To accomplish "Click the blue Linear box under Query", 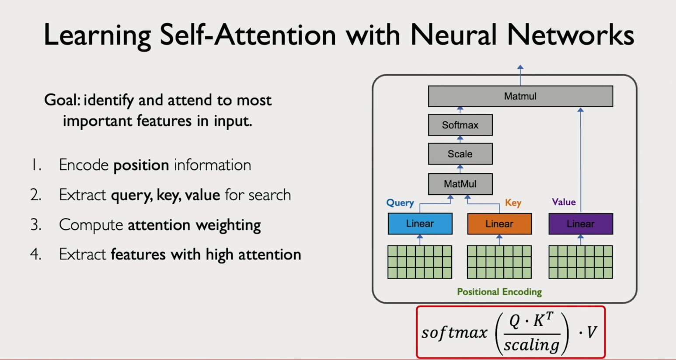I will tap(420, 224).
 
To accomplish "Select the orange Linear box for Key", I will tap(499, 224).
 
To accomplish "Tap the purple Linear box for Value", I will tap(580, 224).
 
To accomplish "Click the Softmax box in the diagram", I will tap(460, 125).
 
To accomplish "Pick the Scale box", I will tap(460, 154).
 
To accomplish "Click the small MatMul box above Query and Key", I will tap(460, 184).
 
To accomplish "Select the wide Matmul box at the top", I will tap(520, 96).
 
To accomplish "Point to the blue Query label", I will tap(400, 203).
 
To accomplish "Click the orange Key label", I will tap(513, 203).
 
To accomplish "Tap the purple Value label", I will tap(563, 202).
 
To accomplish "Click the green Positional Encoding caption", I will tap(499, 292).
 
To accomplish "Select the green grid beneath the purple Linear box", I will tap(580, 262).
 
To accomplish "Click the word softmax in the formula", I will tap(454, 332).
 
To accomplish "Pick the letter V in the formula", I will tap(592, 332).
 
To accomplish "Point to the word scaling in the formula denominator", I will tap(531, 345).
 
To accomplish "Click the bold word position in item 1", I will tap(141, 165).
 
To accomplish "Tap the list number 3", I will tap(35, 225).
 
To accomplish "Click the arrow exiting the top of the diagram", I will tap(520, 70).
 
